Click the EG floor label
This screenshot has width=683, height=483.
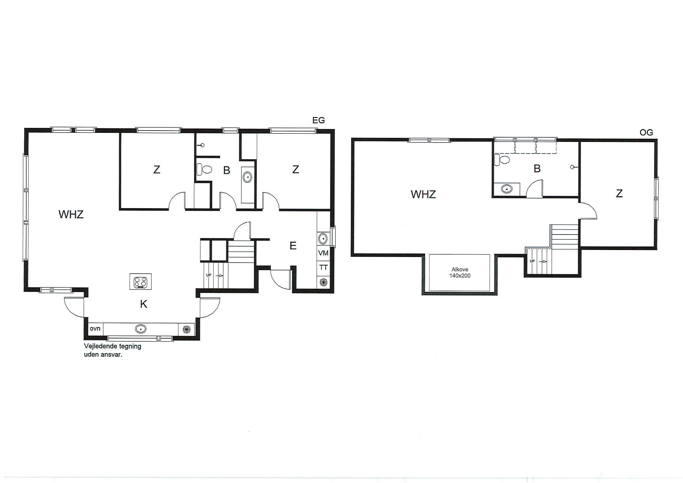coord(318,120)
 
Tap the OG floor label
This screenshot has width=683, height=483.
coord(647,133)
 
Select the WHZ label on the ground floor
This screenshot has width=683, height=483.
coord(71,214)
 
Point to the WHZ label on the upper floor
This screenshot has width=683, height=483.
coord(423,194)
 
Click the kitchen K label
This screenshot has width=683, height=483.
coord(144,304)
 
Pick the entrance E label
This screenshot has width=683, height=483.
coord(293,246)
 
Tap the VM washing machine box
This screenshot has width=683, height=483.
coord(323,253)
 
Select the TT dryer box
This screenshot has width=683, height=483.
coord(323,267)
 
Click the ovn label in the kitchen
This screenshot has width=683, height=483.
coord(95,329)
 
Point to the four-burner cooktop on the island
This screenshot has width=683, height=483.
coord(140,282)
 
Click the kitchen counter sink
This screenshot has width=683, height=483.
coord(141,329)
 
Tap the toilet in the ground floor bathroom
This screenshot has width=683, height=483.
coord(204,170)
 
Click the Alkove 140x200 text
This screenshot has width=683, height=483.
coord(460,272)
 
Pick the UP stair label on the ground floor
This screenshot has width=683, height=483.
coord(209,275)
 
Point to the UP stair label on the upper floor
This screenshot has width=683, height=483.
coord(532,261)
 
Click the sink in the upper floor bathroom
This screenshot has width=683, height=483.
coord(506,189)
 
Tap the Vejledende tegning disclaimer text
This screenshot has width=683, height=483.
coord(112,350)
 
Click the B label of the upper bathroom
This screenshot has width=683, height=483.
coord(537,169)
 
